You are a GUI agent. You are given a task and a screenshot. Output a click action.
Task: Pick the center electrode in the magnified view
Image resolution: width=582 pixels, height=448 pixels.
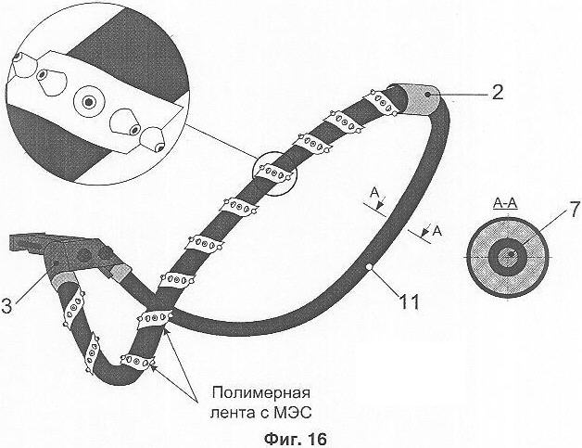89,99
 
